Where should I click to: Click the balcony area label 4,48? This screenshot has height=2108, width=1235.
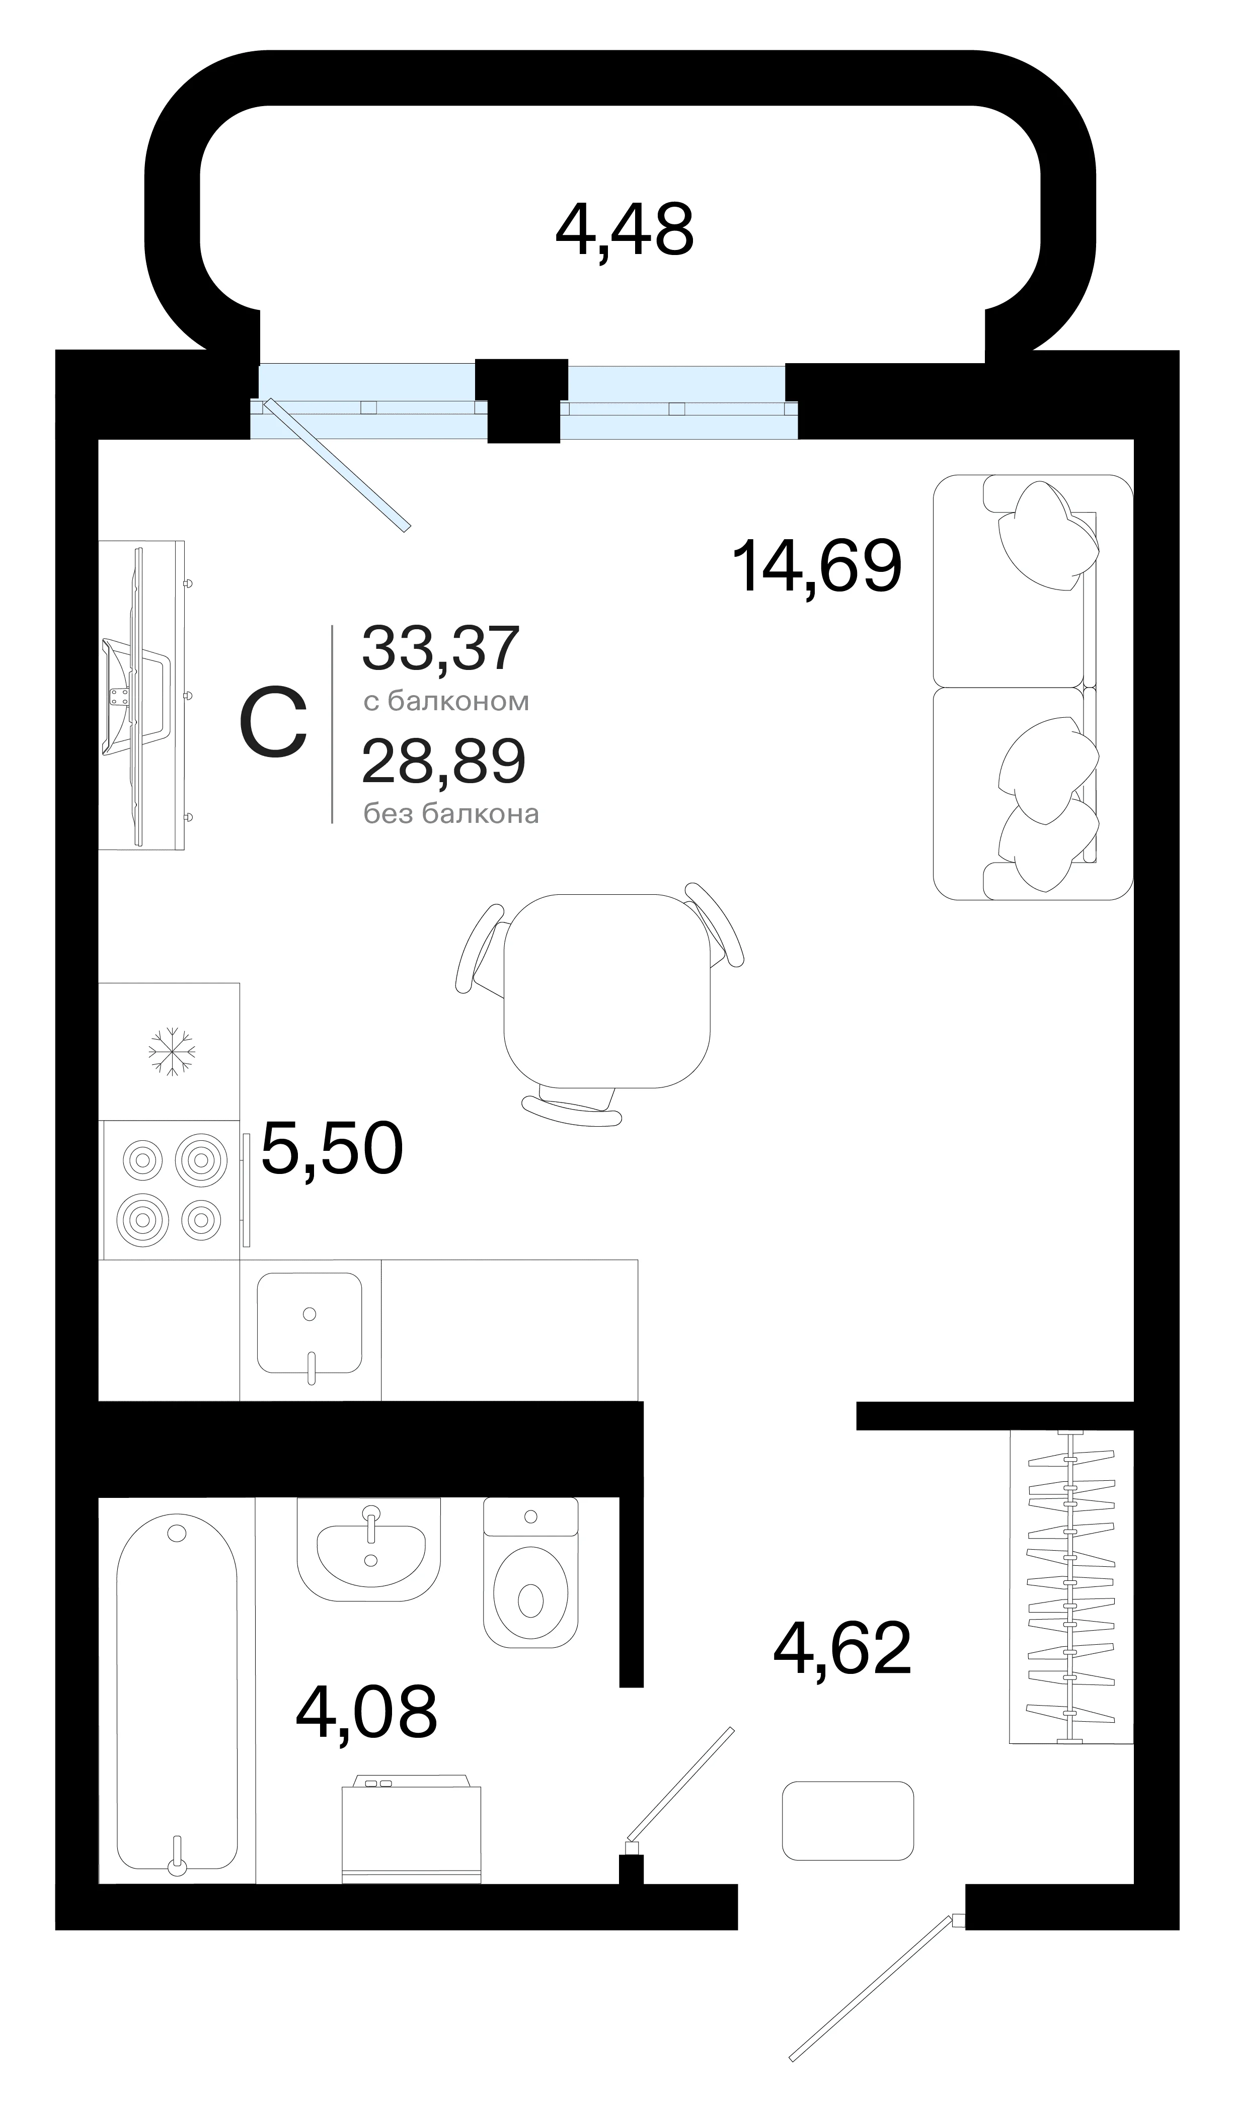point(624,230)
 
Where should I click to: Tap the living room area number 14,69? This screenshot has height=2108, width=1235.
point(817,566)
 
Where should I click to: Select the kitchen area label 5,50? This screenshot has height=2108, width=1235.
point(332,1149)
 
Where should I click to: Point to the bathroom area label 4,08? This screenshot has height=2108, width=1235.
point(366,1712)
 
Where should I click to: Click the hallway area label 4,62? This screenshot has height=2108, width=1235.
point(842,1647)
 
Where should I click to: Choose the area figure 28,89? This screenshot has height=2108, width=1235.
point(443,761)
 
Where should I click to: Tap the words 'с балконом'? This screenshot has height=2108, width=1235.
point(446,701)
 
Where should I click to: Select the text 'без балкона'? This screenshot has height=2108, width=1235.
point(451,813)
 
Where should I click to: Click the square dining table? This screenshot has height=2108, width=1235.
point(606,990)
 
